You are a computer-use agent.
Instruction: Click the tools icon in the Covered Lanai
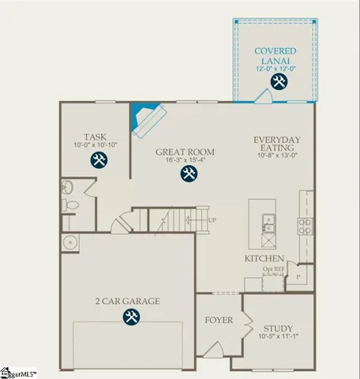pos(278,81)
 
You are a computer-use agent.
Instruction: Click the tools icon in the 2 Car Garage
pos(129,317)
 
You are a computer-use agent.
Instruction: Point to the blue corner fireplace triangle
pos(141,114)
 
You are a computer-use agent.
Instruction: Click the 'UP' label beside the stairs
pos(212,220)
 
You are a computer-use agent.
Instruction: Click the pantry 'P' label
pos(298,277)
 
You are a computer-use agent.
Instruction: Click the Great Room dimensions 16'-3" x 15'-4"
pos(187,160)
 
